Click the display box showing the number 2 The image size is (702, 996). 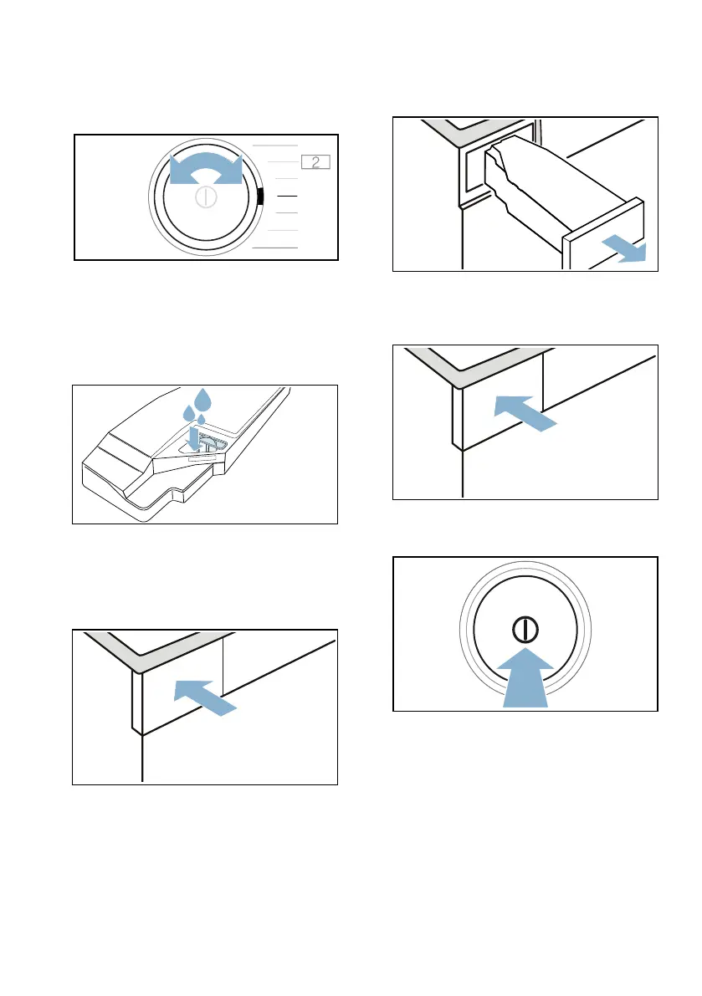(x=315, y=162)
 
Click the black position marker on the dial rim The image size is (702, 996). (x=261, y=197)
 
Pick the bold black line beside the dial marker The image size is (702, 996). (x=287, y=196)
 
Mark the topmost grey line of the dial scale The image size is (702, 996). (x=274, y=145)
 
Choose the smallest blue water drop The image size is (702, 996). (x=201, y=419)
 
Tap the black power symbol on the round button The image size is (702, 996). (x=525, y=629)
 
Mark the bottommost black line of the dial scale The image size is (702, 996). (x=274, y=248)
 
